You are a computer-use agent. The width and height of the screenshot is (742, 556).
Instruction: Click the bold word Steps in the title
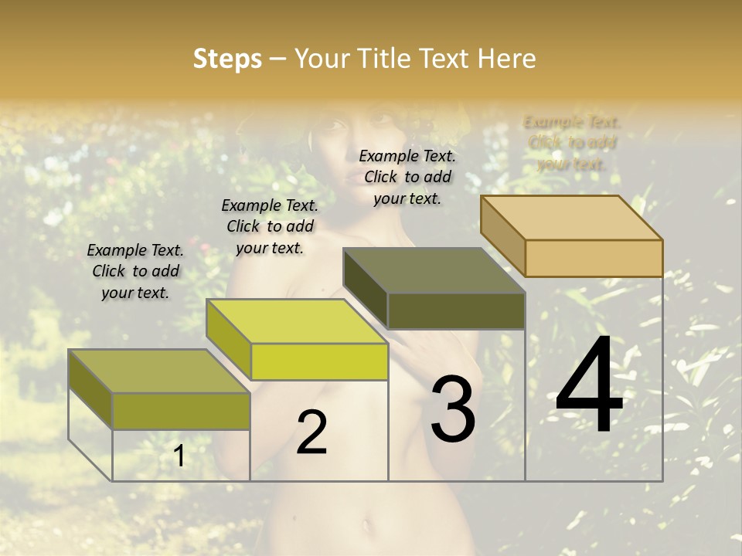[x=227, y=59]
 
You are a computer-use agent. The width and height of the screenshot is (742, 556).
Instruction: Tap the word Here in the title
[x=506, y=59]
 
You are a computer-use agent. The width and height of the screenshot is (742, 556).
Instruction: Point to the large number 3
[x=453, y=409]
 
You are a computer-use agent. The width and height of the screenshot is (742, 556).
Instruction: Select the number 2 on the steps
[x=311, y=432]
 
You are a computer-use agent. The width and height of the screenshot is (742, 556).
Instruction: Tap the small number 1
[x=179, y=456]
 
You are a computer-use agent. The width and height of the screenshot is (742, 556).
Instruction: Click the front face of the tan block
[x=594, y=258]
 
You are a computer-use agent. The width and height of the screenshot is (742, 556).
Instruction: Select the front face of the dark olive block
[x=456, y=311]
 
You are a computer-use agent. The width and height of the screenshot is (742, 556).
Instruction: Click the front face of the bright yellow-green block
[x=319, y=361]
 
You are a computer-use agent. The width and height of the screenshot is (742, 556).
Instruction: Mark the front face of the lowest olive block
[x=181, y=411]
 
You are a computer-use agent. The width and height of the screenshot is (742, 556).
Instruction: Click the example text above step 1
[x=135, y=271]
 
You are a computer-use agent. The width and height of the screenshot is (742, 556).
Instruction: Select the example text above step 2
[x=270, y=226]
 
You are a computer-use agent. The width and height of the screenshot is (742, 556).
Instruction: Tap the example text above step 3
[x=407, y=177]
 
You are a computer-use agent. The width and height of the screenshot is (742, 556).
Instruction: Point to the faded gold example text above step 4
[x=572, y=143]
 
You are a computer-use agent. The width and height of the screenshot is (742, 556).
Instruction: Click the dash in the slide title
[x=278, y=59]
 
